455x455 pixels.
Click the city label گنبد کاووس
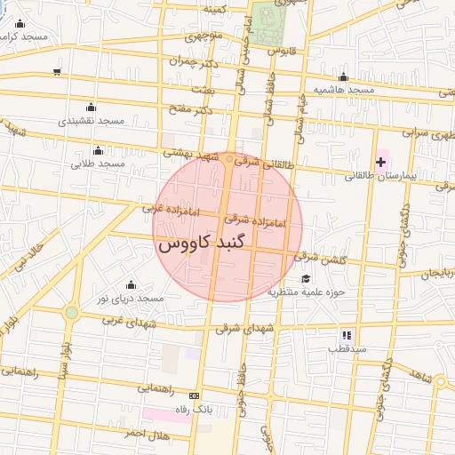[205, 242]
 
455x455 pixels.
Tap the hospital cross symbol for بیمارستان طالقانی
[381, 161]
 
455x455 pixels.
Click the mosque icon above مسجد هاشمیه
[343, 77]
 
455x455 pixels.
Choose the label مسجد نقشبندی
[91, 120]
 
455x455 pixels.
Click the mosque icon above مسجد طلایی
[98, 150]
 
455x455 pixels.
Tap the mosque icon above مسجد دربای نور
[132, 284]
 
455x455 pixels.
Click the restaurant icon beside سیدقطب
[347, 335]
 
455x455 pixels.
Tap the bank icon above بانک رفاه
[195, 395]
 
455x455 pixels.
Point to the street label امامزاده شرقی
[254, 220]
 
